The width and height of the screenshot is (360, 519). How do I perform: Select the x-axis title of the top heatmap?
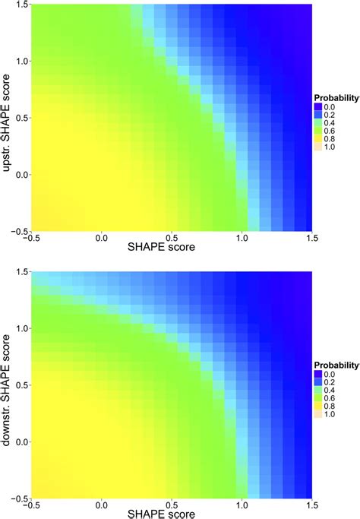click(x=171, y=248)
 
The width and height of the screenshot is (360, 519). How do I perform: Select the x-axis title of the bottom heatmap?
click(x=171, y=513)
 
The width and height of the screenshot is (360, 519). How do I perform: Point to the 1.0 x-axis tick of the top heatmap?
click(x=242, y=238)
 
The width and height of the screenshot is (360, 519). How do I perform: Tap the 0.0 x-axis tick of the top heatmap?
click(x=101, y=238)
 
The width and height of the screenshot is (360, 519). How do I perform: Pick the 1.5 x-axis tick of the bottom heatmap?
click(x=310, y=504)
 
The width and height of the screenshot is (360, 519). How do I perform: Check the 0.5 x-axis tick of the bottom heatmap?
click(x=171, y=504)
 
